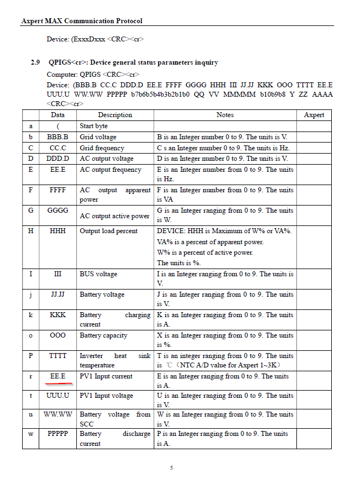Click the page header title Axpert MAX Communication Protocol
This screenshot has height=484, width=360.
tap(82, 21)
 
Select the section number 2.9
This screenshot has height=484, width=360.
tap(35, 62)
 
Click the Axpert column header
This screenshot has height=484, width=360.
tap(314, 115)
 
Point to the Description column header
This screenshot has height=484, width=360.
tap(115, 115)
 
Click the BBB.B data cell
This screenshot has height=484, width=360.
tap(58, 136)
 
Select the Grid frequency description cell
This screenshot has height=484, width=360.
tap(102, 148)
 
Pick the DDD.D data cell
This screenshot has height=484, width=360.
tap(58, 159)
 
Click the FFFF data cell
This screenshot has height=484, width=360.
tap(58, 190)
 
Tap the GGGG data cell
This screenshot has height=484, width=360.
tap(58, 211)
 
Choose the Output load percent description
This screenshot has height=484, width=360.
tap(108, 230)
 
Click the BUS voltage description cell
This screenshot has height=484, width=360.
tap(98, 273)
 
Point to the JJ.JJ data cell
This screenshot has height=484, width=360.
tap(58, 294)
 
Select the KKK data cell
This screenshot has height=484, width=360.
tap(58, 315)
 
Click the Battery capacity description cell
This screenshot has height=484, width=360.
tap(103, 335)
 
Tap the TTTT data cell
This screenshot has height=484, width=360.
tap(58, 356)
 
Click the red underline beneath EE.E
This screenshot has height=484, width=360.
tap(58, 382)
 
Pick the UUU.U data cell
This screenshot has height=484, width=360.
tap(58, 396)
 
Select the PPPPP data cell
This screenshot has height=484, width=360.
tap(58, 434)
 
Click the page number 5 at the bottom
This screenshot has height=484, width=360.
tap(171, 468)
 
